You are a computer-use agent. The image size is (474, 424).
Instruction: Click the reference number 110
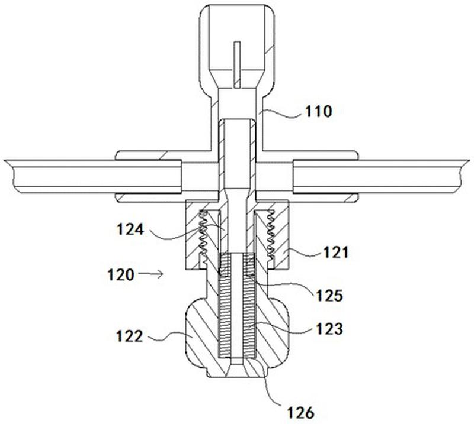coord(318,112)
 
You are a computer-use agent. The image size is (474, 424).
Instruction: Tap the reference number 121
coord(336,253)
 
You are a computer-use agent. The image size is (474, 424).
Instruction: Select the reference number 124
coord(130,230)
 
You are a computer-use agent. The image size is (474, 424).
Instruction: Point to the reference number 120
coord(121,275)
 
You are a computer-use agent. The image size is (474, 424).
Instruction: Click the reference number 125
coord(329,296)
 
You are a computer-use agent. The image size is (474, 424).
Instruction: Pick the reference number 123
coord(329,329)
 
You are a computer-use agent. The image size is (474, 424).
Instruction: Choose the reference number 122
coord(129,336)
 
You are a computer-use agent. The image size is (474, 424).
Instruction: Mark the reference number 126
coord(300,413)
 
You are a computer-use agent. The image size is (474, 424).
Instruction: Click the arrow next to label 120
coord(151,274)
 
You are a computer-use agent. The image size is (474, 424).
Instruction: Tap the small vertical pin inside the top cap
coord(237,64)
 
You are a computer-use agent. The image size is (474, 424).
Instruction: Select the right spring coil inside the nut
coord(270,235)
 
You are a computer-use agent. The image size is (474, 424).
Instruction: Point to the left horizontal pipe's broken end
coord(12,177)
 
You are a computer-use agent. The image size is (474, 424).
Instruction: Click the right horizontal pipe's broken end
coord(461,177)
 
